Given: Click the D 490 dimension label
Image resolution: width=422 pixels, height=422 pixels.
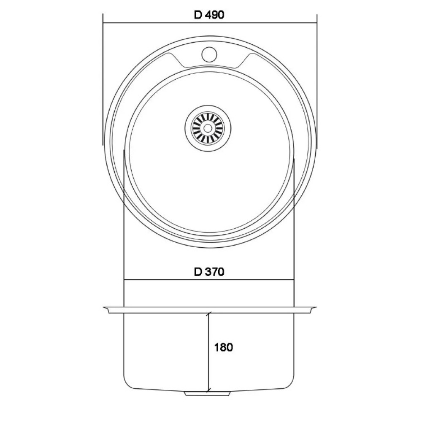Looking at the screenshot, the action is (x=209, y=15).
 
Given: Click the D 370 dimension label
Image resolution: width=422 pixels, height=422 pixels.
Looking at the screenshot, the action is (x=209, y=272).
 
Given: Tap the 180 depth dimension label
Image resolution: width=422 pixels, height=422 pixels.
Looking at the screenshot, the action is (x=223, y=347).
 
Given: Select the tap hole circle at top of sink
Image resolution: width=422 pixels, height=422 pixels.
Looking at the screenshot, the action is (x=209, y=54).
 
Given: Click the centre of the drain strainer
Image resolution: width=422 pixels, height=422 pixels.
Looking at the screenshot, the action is (x=208, y=128).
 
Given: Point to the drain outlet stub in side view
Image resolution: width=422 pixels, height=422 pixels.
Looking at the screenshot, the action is (x=208, y=393).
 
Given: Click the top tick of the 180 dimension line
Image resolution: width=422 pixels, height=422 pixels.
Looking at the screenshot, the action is (x=209, y=313).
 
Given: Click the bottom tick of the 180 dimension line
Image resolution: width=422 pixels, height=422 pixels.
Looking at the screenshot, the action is (x=209, y=391).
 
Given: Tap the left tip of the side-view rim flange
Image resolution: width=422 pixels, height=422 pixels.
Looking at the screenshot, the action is (x=103, y=307).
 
